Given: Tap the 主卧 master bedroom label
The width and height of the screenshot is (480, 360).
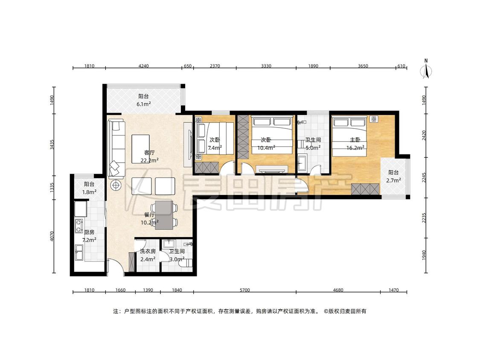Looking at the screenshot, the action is coord(355,140).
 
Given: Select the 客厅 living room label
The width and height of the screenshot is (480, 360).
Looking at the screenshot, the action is coord(149,152).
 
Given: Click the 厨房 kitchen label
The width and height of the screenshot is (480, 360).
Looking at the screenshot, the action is coord(89,232).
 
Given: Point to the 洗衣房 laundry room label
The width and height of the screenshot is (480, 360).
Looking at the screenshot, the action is coord(148,251).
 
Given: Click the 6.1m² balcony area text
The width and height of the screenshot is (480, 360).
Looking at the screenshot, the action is coord(143,104).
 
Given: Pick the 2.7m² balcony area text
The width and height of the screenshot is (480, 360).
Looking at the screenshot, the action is coord(394,180).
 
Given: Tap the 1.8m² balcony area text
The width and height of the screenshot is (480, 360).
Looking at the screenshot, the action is coord(90,192).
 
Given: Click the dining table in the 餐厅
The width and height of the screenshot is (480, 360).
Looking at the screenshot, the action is coord(164,215).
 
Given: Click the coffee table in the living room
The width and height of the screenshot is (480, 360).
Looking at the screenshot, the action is coord(140,149).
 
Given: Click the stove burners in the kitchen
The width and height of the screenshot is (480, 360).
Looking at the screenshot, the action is coord(79,226).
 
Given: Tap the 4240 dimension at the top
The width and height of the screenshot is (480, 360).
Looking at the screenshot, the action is coord(143,66).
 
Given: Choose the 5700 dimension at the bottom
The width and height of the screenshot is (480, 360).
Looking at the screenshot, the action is coord(244,290).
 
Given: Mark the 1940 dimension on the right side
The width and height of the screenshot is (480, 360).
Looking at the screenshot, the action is coord(424,255).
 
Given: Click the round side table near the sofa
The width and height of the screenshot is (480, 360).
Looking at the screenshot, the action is coord(116,185).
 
